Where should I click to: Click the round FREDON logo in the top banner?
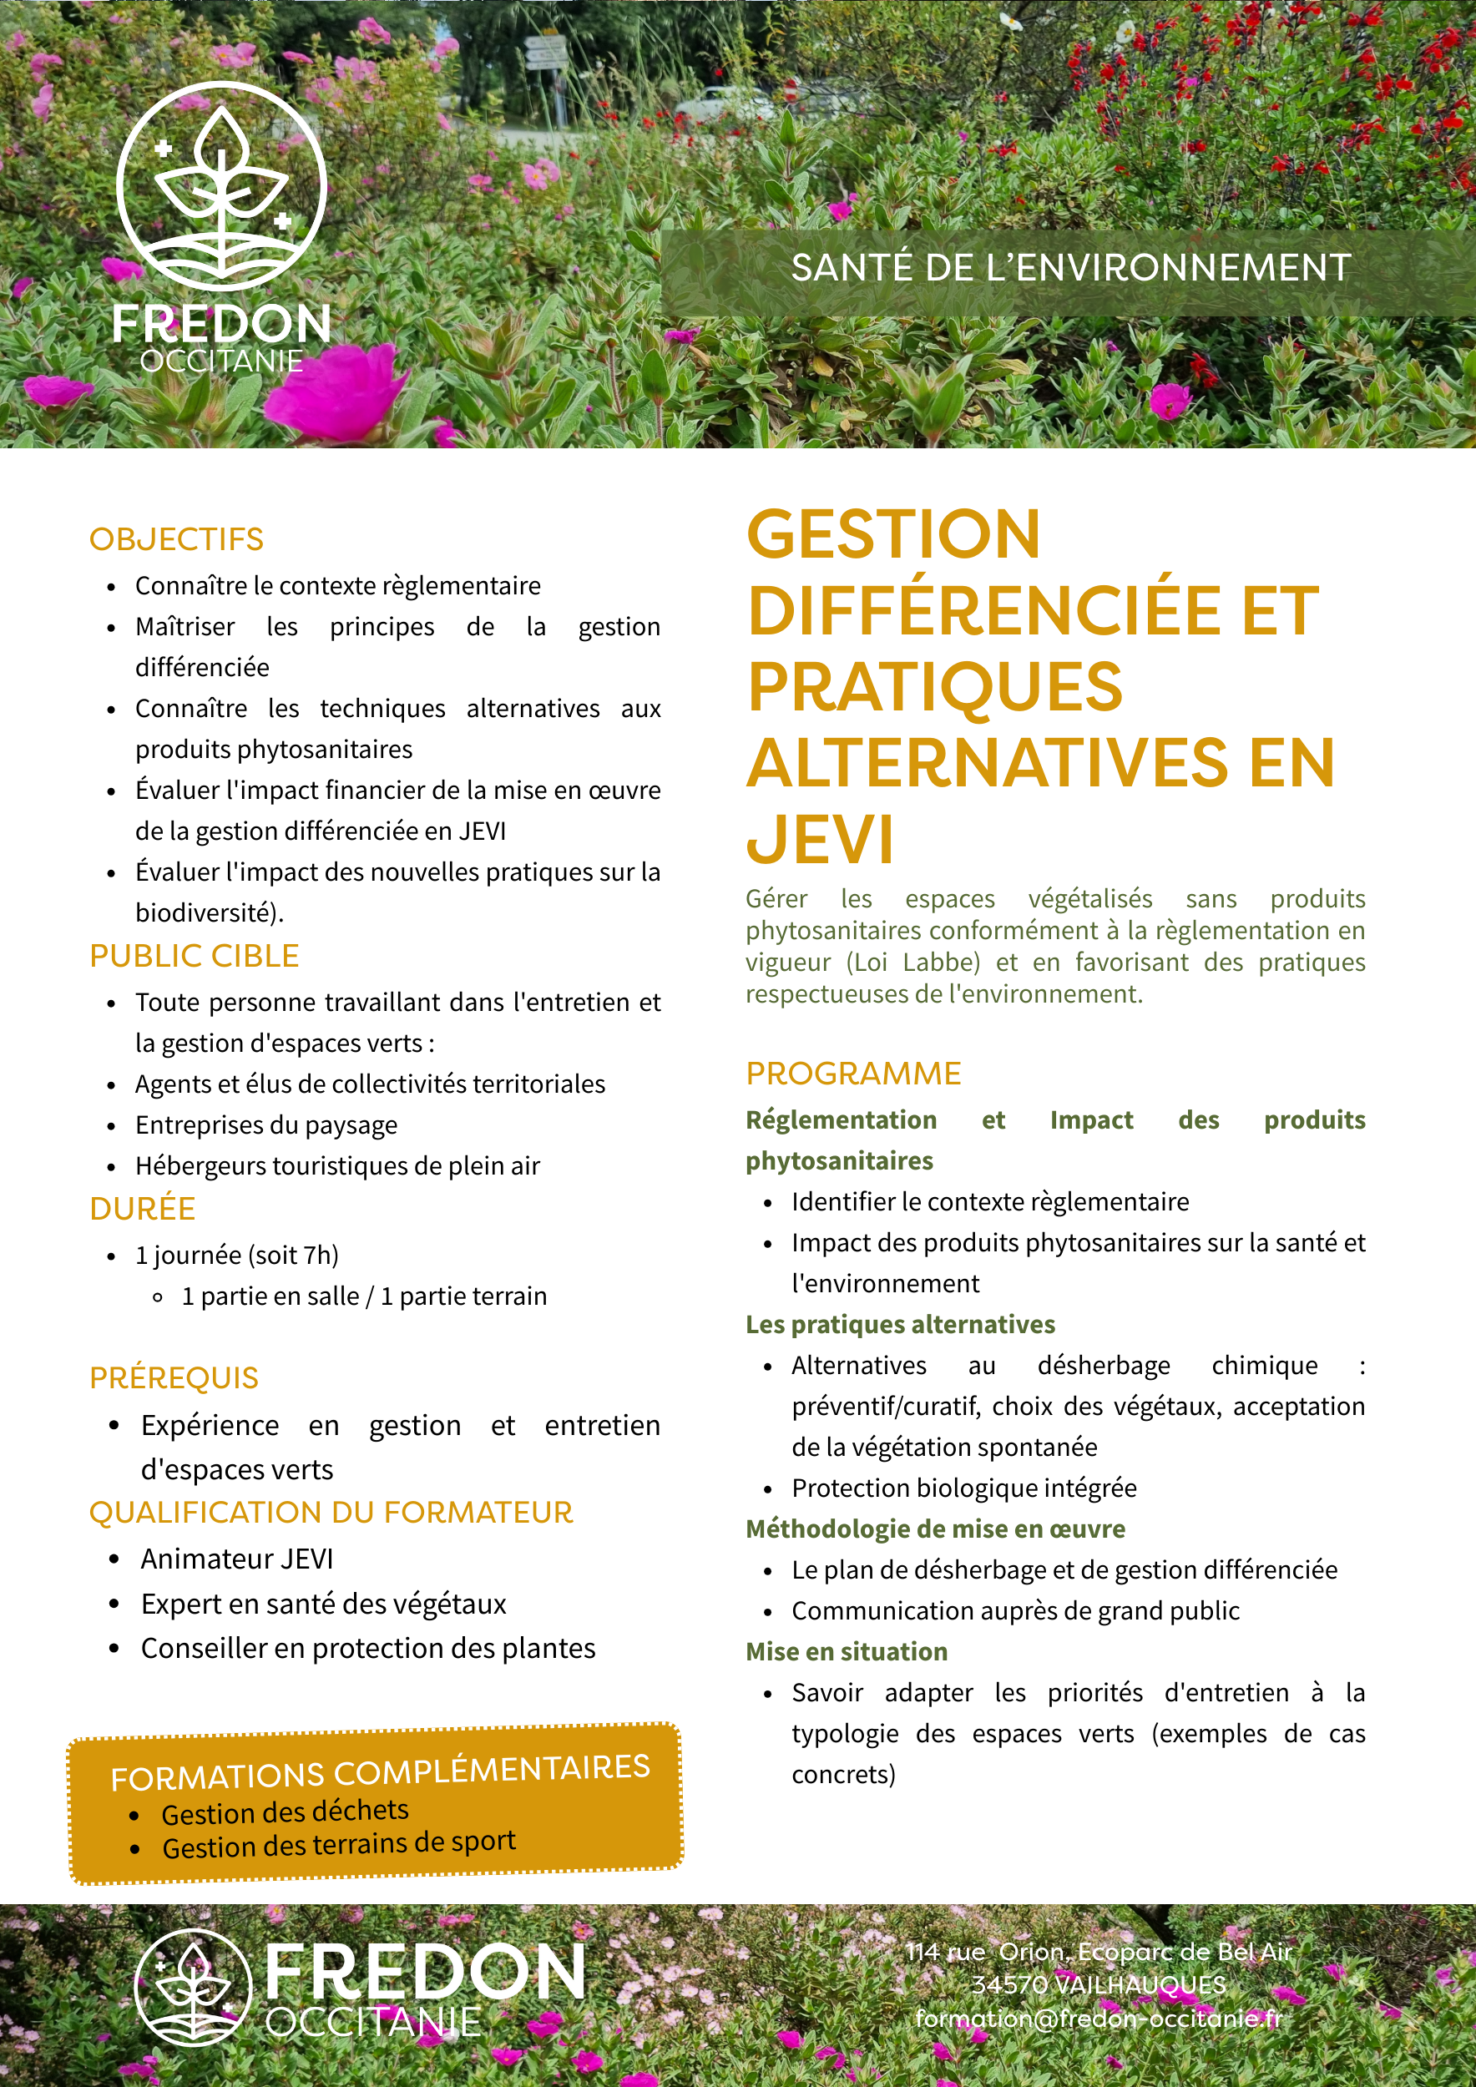[x=221, y=186]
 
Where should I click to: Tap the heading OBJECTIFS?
[x=176, y=539]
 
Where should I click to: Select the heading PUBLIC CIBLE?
[x=195, y=955]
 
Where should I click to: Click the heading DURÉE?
[x=143, y=1208]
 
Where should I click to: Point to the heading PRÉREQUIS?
[x=174, y=1378]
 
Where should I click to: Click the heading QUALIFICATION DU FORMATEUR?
[x=331, y=1512]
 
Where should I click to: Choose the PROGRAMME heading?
[x=852, y=1073]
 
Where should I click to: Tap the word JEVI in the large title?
[x=820, y=839]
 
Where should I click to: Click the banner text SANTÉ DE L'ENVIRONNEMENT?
[x=1069, y=268]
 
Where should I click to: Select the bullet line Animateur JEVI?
[x=237, y=1559]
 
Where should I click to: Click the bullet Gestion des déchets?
[x=285, y=1812]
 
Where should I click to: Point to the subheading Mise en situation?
[x=847, y=1650]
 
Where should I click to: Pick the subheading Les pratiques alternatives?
[x=900, y=1324]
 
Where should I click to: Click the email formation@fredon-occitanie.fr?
[x=1098, y=2018]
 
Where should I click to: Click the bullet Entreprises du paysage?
[x=266, y=1124]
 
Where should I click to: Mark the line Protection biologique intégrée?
[x=963, y=1488]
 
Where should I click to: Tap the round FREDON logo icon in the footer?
[x=194, y=1988]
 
